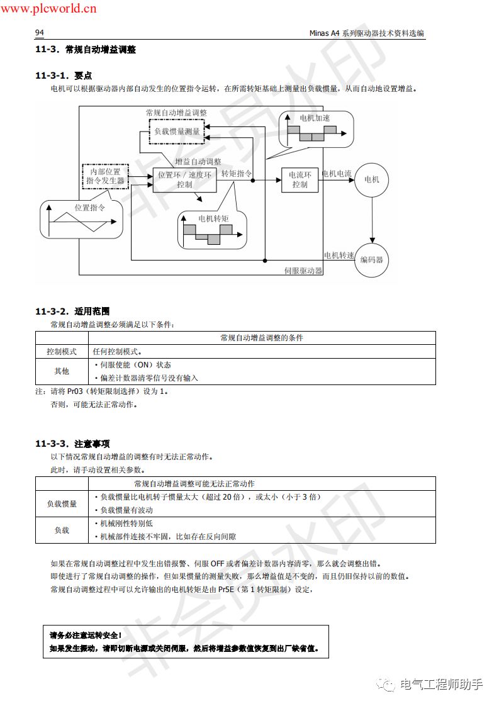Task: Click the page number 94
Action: (x=39, y=33)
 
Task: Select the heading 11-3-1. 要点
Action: (x=64, y=75)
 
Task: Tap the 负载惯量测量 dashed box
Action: (x=177, y=132)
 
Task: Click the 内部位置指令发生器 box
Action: (x=105, y=176)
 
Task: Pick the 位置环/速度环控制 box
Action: (x=184, y=180)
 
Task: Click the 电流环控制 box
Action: (x=300, y=180)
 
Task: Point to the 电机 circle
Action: (x=372, y=180)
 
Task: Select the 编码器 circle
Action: (x=372, y=259)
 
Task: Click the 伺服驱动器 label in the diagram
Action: (x=303, y=271)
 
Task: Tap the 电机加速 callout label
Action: (x=314, y=118)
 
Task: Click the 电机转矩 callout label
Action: (x=213, y=218)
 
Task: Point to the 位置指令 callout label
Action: (x=89, y=207)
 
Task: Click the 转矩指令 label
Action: (x=237, y=174)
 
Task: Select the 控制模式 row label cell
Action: (x=62, y=352)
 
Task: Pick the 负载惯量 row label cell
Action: (x=62, y=504)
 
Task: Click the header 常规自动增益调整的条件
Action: (x=262, y=338)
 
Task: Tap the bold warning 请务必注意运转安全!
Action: (x=86, y=635)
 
